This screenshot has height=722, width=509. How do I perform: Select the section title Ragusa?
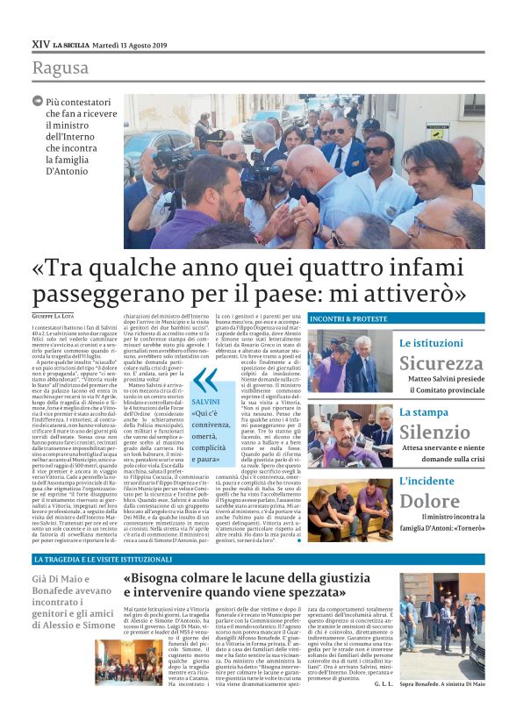[x=60, y=68]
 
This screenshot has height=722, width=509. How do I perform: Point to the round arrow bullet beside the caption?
[x=38, y=102]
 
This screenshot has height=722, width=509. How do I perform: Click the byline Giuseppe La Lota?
[x=54, y=316]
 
